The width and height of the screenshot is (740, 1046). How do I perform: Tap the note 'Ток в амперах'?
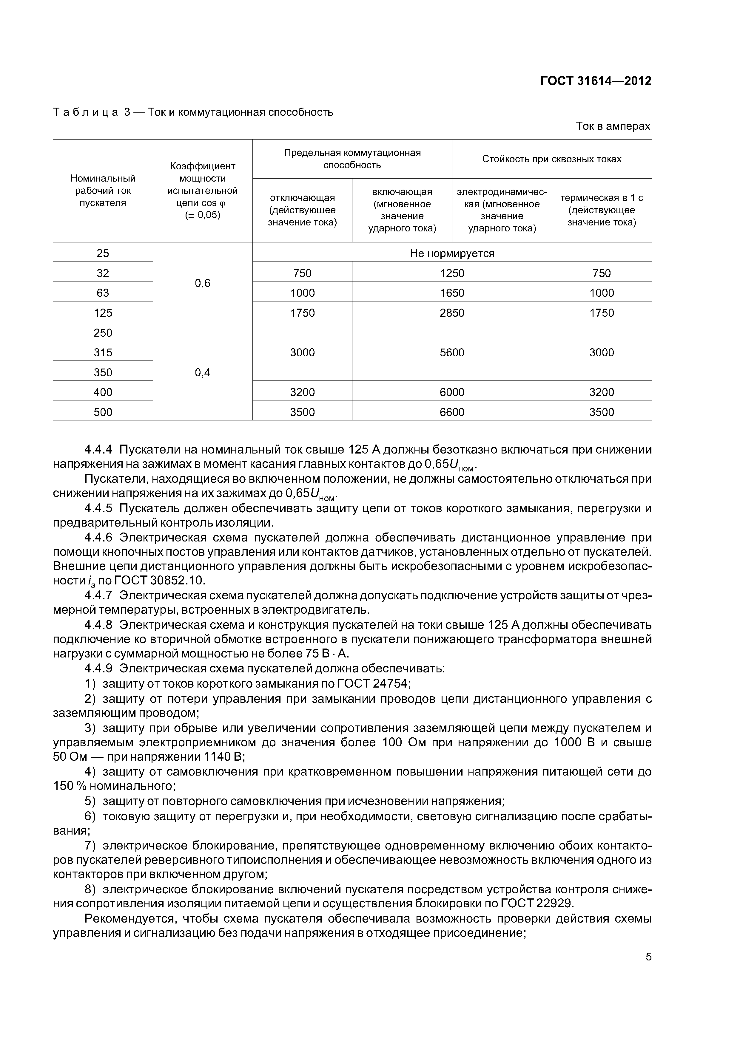tap(613, 126)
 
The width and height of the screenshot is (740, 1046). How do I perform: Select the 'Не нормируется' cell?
tap(451, 253)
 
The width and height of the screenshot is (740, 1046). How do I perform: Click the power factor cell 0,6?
tap(202, 283)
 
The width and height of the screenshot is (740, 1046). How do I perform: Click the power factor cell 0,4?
tap(202, 372)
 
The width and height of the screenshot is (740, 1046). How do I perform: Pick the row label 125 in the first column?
tap(103, 312)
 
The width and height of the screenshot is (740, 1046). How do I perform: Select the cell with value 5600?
tap(451, 352)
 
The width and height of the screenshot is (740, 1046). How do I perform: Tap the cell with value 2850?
tap(451, 312)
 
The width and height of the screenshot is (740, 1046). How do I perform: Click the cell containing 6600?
tap(451, 412)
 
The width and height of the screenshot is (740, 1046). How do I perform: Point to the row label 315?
tap(103, 352)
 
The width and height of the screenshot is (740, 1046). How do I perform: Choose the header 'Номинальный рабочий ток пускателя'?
tap(103, 191)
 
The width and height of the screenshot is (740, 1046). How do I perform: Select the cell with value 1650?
tap(451, 293)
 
